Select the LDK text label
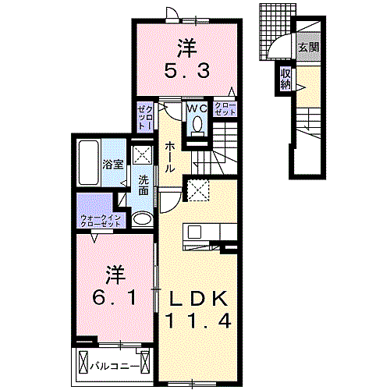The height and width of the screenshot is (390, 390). coord(197,299)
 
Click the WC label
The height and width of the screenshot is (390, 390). coord(196,108)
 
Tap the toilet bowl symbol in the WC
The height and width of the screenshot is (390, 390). coord(197,125)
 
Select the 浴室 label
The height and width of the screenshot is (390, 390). coord(112,165)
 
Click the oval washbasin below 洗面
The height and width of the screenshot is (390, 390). coord(141,219)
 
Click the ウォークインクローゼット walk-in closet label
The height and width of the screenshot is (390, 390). coord(101,220)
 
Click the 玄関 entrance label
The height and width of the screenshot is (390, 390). coord(307,48)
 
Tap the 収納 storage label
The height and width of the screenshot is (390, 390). coord(285,78)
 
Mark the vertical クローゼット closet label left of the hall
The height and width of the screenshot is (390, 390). coord(145,116)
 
